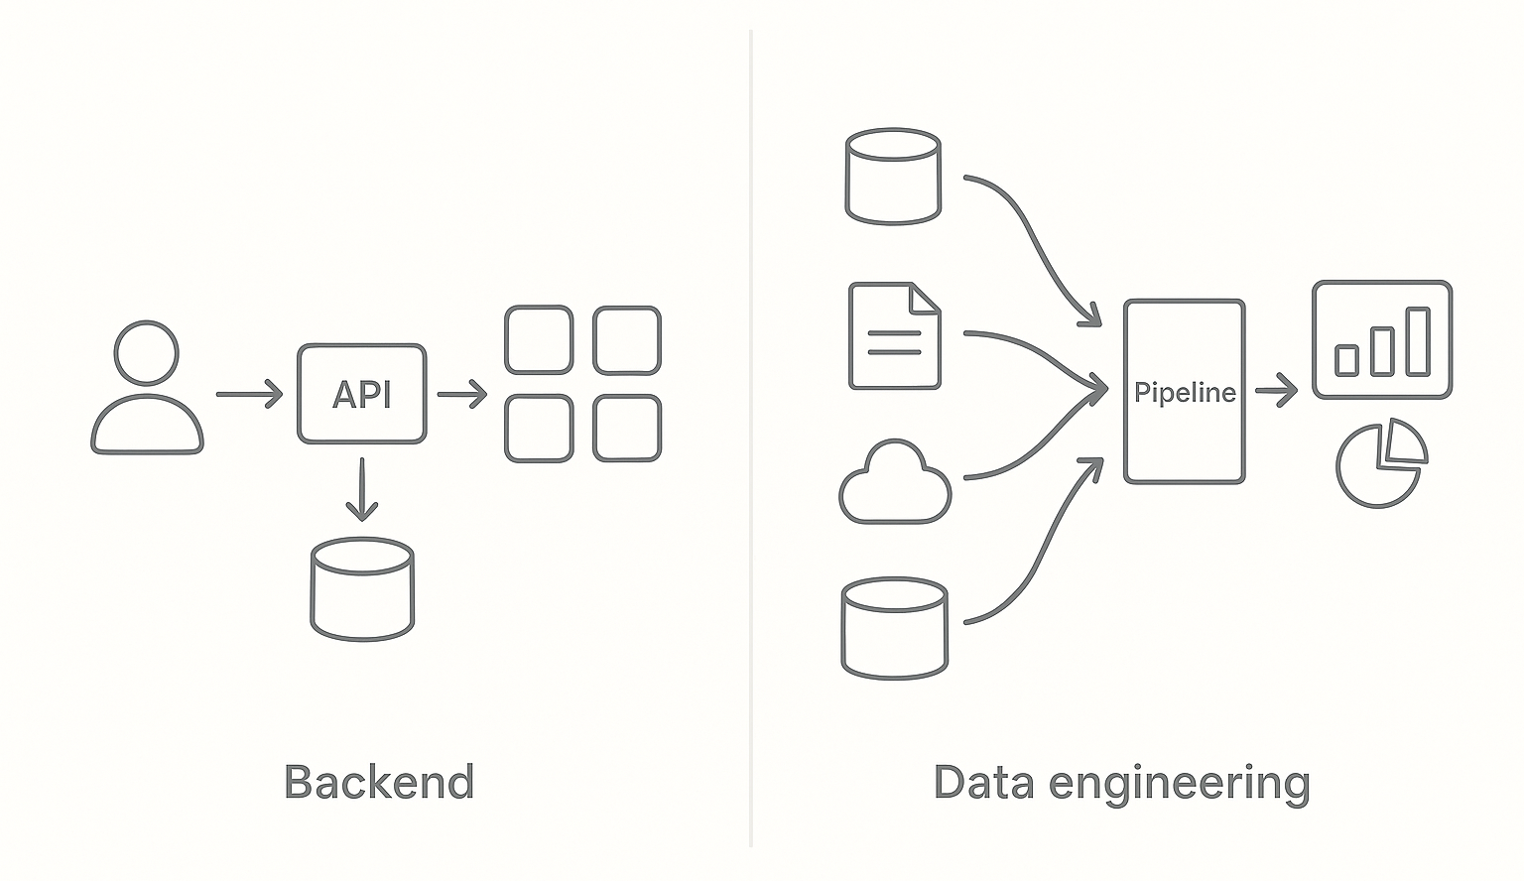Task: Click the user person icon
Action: (147, 389)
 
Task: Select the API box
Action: (361, 394)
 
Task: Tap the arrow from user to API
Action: (249, 395)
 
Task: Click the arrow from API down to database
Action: (362, 489)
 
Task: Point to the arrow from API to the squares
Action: (461, 395)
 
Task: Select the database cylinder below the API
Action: (362, 589)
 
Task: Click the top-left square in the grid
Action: (539, 340)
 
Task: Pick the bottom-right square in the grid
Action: (626, 429)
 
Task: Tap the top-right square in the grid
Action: (626, 340)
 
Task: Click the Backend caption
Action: (379, 782)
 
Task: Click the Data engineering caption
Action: (1121, 782)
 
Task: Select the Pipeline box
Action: (1184, 392)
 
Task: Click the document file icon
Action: (894, 335)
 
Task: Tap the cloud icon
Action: (895, 485)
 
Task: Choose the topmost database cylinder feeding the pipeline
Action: (892, 177)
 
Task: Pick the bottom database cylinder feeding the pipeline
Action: (894, 629)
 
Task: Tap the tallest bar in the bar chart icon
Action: (1417, 341)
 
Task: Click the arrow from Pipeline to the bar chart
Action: (1276, 391)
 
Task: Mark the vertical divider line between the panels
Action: (751, 437)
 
